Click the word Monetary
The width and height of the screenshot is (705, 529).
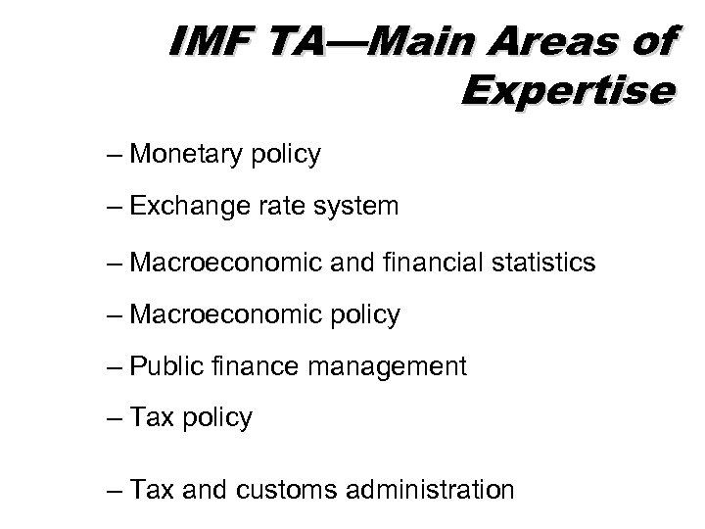point(185,155)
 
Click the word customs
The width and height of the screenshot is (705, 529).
point(289,489)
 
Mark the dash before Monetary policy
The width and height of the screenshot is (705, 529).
point(118,156)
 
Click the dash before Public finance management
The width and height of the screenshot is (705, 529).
point(118,368)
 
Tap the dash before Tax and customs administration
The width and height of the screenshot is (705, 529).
point(118,490)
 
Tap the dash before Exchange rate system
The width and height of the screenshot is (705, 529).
point(118,208)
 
